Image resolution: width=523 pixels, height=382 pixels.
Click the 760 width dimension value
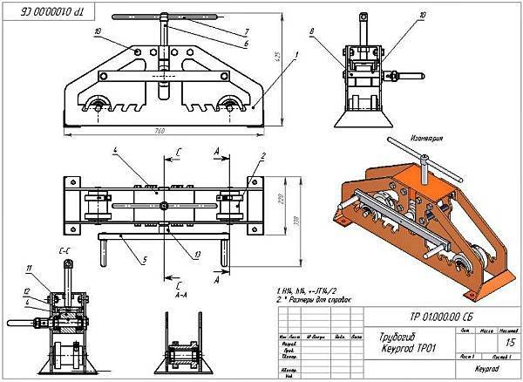click(x=160, y=132)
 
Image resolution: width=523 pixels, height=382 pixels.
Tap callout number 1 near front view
click(x=296, y=54)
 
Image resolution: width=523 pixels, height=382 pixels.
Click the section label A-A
click(x=178, y=294)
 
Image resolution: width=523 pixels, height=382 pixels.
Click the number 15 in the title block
click(x=495, y=343)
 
